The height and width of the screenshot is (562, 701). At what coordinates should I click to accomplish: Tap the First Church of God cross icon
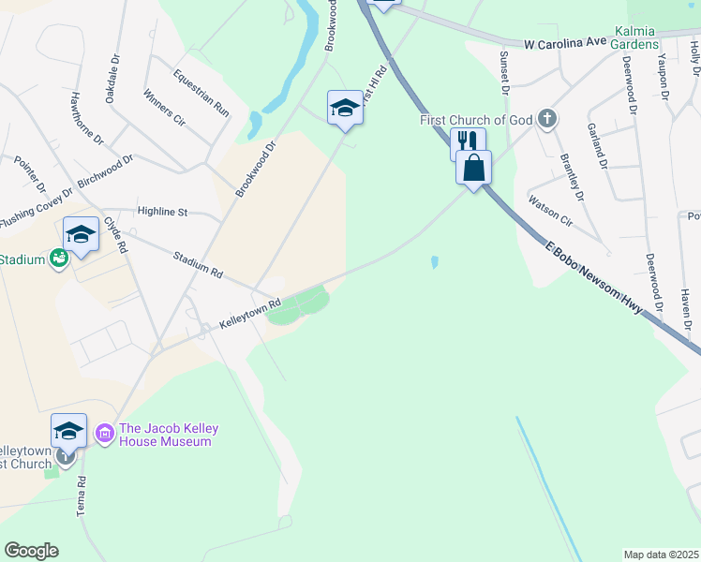click(x=548, y=119)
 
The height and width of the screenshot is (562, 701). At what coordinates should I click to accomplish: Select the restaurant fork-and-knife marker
click(x=468, y=142)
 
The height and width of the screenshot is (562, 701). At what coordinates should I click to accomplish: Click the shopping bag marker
click(x=474, y=169)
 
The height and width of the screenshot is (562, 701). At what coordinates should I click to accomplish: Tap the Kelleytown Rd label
click(x=250, y=313)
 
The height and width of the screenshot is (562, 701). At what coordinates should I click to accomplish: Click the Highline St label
click(x=162, y=213)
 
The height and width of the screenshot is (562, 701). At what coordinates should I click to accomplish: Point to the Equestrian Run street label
click(x=201, y=93)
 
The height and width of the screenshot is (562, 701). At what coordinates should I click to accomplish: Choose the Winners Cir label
click(x=165, y=108)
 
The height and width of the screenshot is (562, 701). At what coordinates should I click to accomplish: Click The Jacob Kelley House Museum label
click(x=169, y=435)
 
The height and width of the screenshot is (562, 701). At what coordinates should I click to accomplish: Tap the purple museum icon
click(x=104, y=434)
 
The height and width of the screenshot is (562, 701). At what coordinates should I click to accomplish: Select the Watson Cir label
click(x=550, y=211)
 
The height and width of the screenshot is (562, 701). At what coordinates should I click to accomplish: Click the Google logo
click(x=31, y=551)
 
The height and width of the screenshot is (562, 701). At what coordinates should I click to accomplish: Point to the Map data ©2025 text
click(x=661, y=555)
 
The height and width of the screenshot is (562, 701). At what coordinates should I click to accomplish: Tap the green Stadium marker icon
click(x=59, y=259)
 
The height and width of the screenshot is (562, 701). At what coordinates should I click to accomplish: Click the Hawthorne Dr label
click(x=86, y=118)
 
